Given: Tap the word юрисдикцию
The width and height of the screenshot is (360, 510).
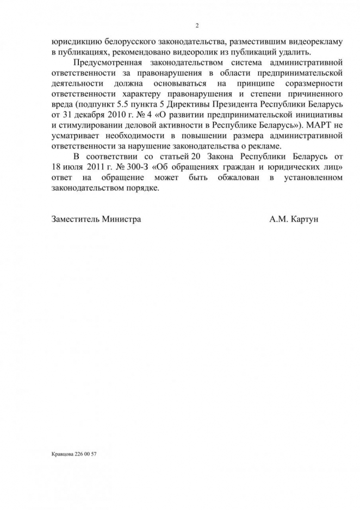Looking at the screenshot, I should [73, 42].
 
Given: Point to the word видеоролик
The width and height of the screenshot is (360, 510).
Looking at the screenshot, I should [192, 52].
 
